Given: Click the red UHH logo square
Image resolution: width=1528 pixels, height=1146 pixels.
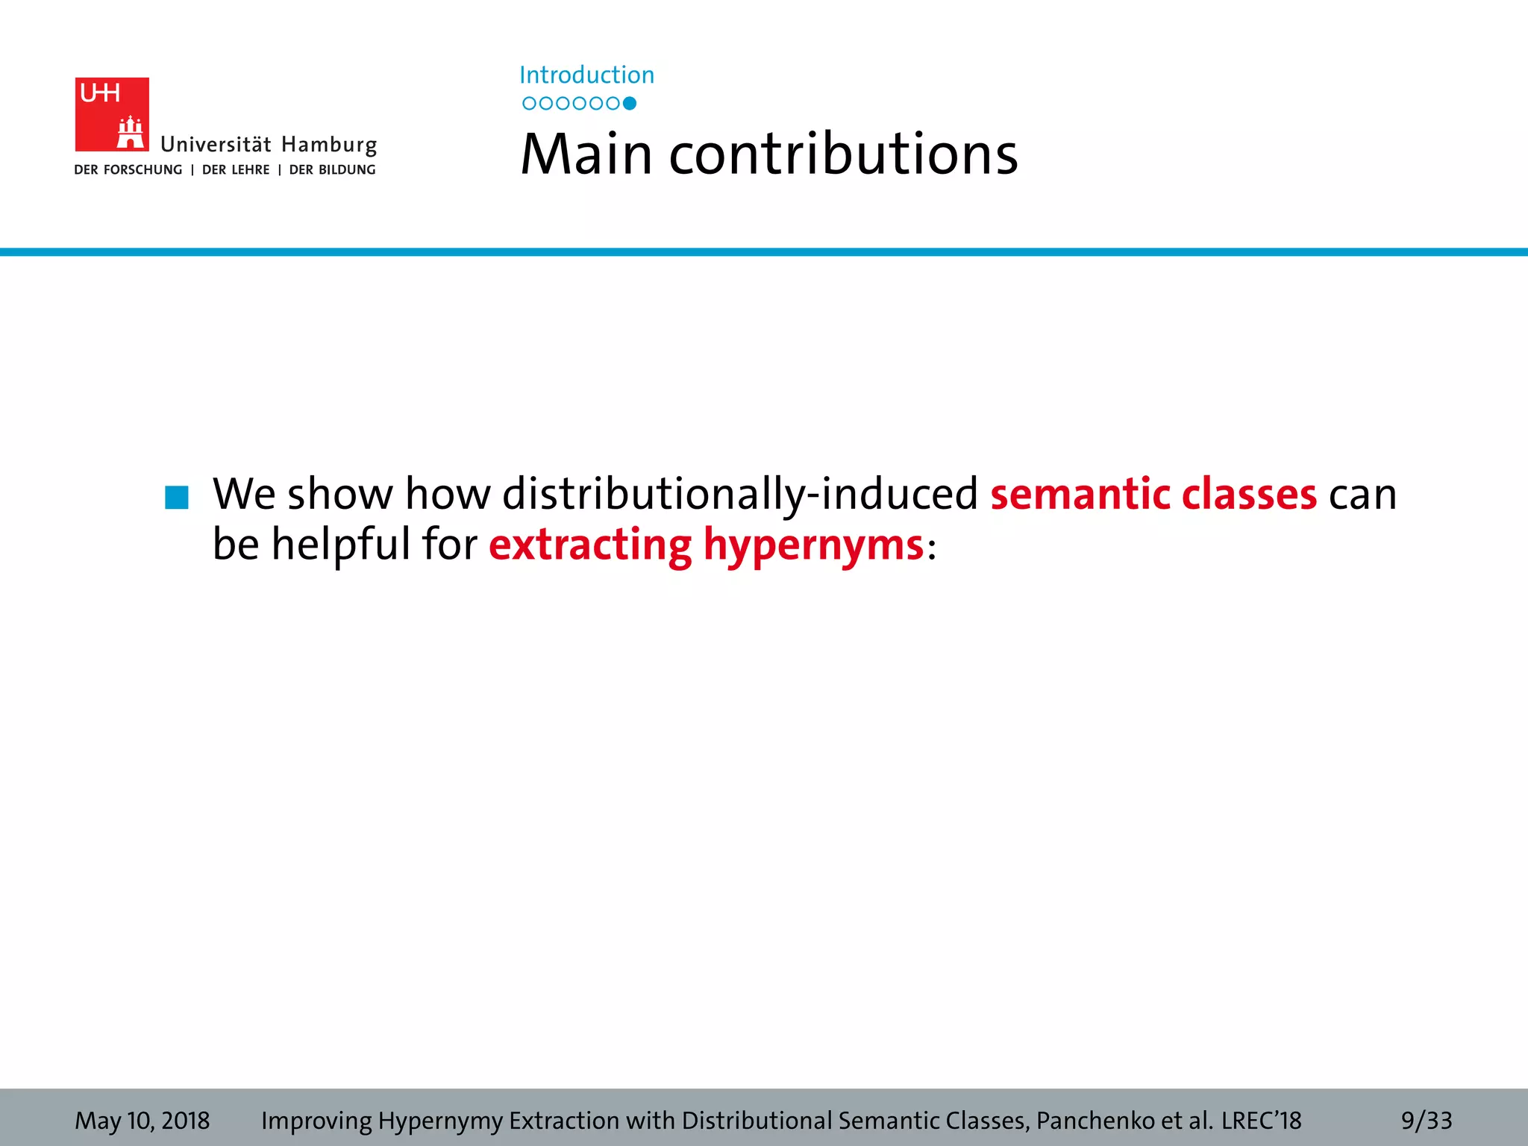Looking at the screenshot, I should (x=112, y=114).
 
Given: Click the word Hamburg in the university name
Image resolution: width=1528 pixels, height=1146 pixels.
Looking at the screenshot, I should (x=329, y=145).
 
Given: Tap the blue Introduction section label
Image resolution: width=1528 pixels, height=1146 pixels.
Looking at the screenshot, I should (x=586, y=75).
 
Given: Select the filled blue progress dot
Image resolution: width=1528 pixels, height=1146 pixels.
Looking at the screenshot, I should (x=630, y=104).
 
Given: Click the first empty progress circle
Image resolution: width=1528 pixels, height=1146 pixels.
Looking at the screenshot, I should (x=529, y=104).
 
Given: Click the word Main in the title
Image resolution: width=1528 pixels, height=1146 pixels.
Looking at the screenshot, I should (x=586, y=154).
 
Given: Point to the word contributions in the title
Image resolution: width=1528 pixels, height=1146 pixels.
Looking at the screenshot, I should (x=843, y=154).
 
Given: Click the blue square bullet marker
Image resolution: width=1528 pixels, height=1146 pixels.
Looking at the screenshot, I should (x=177, y=498).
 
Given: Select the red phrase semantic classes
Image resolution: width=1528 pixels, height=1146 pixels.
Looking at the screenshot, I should (x=1153, y=494).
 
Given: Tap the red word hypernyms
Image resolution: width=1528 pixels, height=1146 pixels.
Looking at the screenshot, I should (x=813, y=545).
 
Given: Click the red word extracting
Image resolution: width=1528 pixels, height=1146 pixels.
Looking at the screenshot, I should (x=590, y=545).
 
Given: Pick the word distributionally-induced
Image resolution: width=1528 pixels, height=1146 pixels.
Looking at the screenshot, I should (x=739, y=494).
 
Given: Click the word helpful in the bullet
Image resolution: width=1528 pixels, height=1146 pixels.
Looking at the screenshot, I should (x=341, y=543).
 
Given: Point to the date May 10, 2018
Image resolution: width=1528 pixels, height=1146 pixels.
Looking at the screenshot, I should (x=142, y=1121).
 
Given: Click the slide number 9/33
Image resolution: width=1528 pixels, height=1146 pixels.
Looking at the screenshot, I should (x=1426, y=1121).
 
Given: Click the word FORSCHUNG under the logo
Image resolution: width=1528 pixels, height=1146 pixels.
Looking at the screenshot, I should (x=143, y=170).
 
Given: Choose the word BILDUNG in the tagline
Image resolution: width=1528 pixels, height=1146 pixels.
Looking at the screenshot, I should (x=347, y=170).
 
